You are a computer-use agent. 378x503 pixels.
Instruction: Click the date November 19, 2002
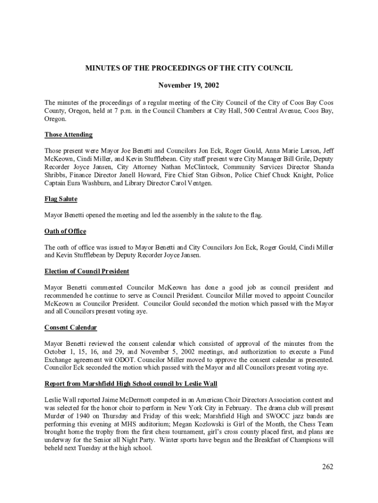189,85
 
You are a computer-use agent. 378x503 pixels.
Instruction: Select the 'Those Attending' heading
68,135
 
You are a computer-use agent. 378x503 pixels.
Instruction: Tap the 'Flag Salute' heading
61,199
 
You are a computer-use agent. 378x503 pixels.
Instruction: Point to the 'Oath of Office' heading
65,231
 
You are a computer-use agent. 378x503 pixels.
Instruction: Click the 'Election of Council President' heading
87,271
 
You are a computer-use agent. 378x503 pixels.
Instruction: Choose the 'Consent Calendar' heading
71,328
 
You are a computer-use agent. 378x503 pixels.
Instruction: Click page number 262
327,467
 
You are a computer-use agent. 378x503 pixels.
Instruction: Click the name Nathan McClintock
189,167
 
